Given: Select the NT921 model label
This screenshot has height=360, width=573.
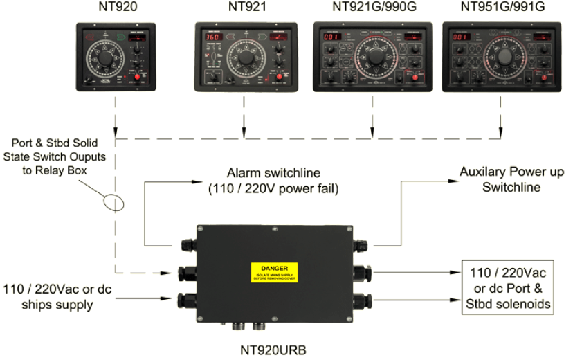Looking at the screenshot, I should [245, 8].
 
